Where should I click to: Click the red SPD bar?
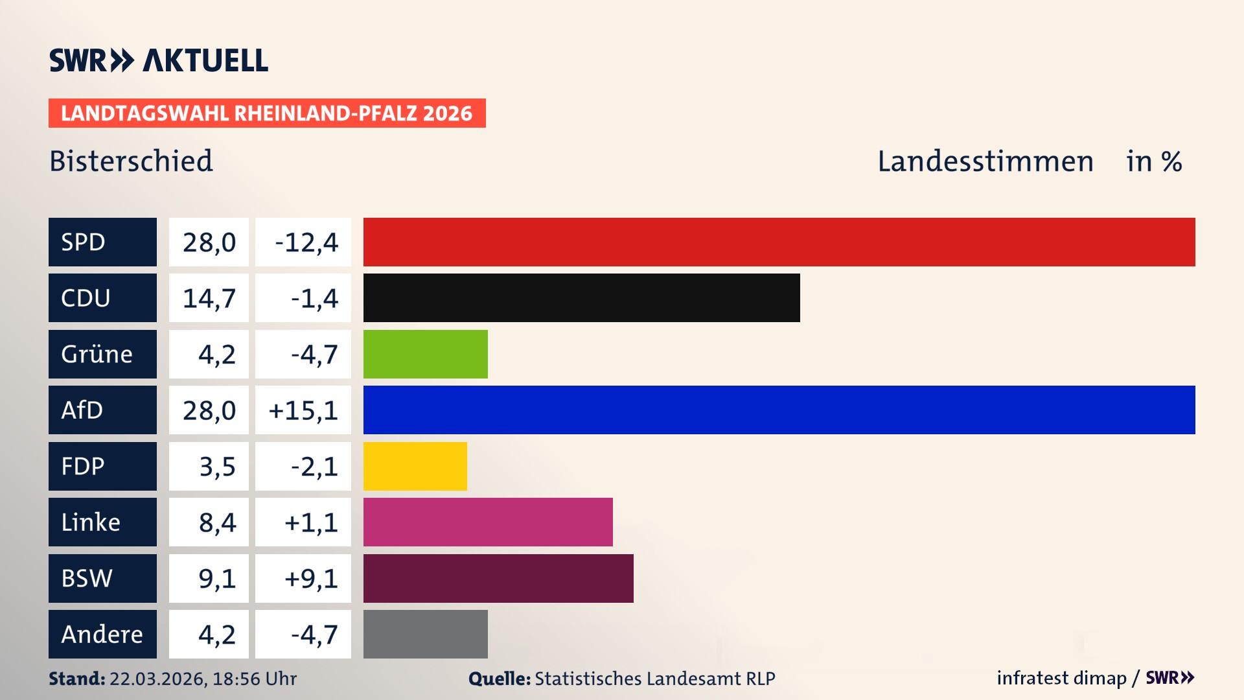click(x=779, y=242)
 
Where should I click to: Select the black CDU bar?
click(x=581, y=297)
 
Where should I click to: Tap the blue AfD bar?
click(x=779, y=410)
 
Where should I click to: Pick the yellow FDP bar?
click(x=415, y=466)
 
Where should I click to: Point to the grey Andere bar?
click(x=425, y=634)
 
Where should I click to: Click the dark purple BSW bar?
click(x=498, y=578)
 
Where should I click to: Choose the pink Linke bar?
click(x=487, y=522)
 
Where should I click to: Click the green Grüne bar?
click(x=425, y=354)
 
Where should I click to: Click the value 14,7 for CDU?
click(x=209, y=298)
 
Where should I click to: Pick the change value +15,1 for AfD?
click(x=303, y=410)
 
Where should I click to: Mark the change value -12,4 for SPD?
click(x=306, y=242)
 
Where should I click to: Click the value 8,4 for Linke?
click(x=216, y=522)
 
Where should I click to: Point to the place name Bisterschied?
click(x=131, y=161)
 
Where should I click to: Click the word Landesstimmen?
click(x=985, y=161)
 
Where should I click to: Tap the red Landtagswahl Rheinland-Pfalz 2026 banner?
click(x=267, y=113)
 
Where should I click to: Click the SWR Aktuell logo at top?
click(x=158, y=60)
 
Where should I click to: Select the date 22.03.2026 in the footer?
click(x=157, y=679)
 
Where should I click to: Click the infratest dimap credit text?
click(x=1061, y=678)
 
